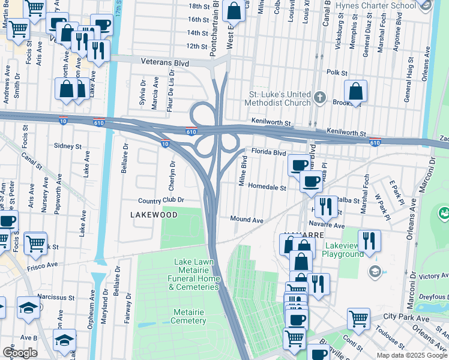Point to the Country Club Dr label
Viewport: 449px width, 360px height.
(160, 200)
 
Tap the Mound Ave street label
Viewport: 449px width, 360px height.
(247, 220)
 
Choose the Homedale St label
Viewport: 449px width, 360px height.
(267, 187)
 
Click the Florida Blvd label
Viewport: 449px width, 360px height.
(268, 152)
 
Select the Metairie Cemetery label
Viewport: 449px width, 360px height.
(189, 316)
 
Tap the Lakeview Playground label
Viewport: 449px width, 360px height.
(344, 250)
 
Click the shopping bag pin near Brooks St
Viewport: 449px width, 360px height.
(356, 92)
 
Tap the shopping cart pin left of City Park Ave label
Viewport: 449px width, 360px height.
(358, 319)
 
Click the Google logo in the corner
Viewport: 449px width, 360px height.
(20, 352)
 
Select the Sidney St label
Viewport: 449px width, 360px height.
(67, 146)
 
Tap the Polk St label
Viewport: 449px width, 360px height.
(337, 72)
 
